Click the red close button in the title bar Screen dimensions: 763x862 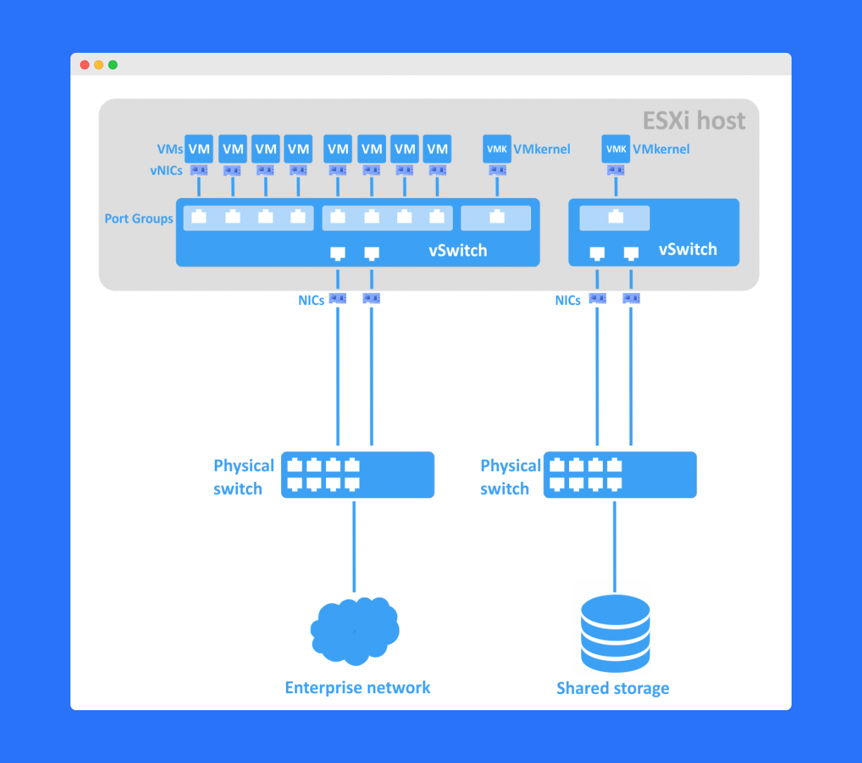[85, 65]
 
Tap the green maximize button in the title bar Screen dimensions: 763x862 [113, 65]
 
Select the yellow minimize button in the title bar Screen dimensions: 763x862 [99, 65]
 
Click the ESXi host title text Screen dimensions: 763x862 [694, 120]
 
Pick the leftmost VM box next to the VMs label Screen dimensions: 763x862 [199, 149]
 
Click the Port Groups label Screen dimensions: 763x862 [139, 218]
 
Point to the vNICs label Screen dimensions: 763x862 [166, 170]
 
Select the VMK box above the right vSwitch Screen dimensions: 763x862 [616, 149]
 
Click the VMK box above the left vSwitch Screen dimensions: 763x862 [497, 149]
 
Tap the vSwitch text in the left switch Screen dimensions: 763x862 [458, 251]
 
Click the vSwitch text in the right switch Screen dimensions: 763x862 [687, 249]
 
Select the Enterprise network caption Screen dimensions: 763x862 [357, 688]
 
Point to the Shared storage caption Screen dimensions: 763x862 [613, 688]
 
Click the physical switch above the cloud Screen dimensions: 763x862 [358, 475]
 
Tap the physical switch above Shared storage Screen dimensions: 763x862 [620, 475]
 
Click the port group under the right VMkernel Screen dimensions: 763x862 [615, 218]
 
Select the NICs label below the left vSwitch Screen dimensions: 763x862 [311, 300]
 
